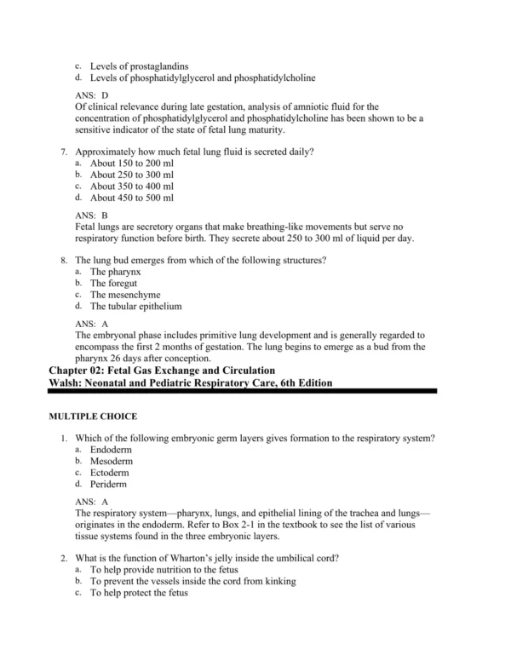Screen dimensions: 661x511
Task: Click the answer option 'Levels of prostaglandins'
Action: [140, 66]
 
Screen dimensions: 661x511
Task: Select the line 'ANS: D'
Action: [92, 95]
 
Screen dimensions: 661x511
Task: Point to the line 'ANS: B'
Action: [92, 216]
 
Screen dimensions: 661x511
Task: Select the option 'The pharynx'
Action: [118, 271]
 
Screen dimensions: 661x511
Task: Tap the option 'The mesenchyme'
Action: [128, 294]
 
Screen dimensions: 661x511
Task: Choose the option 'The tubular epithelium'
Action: [136, 306]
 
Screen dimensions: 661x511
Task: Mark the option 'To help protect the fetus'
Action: [141, 592]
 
